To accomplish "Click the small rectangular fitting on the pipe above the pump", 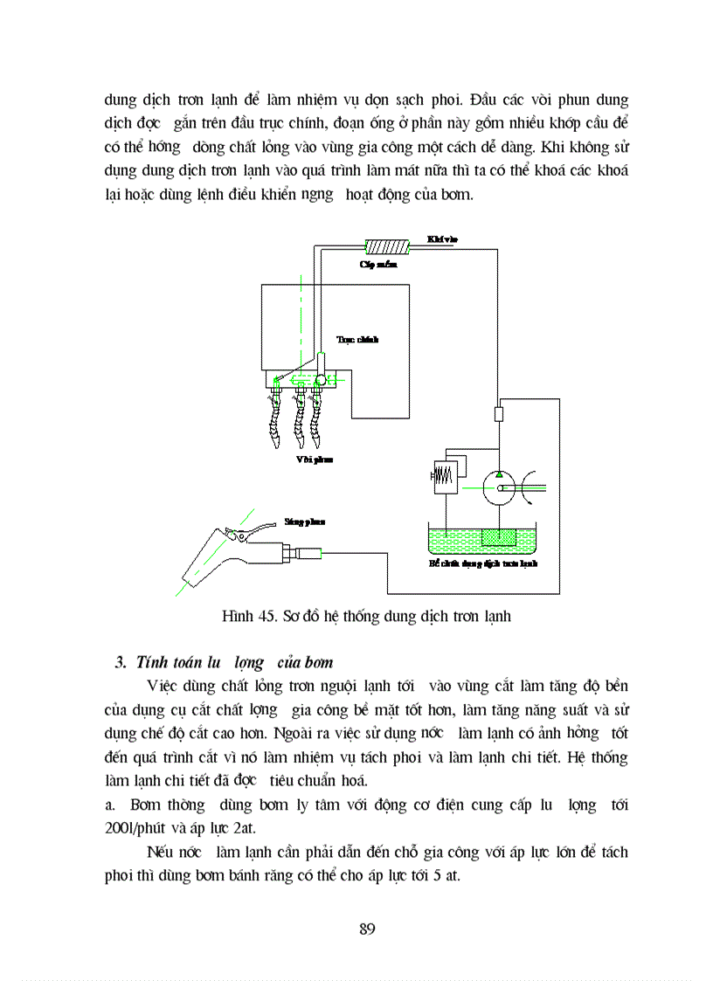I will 499,413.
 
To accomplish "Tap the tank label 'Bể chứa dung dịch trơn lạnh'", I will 482,564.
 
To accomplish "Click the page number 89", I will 367,928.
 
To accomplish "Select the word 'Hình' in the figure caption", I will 237,617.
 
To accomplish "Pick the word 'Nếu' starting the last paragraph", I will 161,851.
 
